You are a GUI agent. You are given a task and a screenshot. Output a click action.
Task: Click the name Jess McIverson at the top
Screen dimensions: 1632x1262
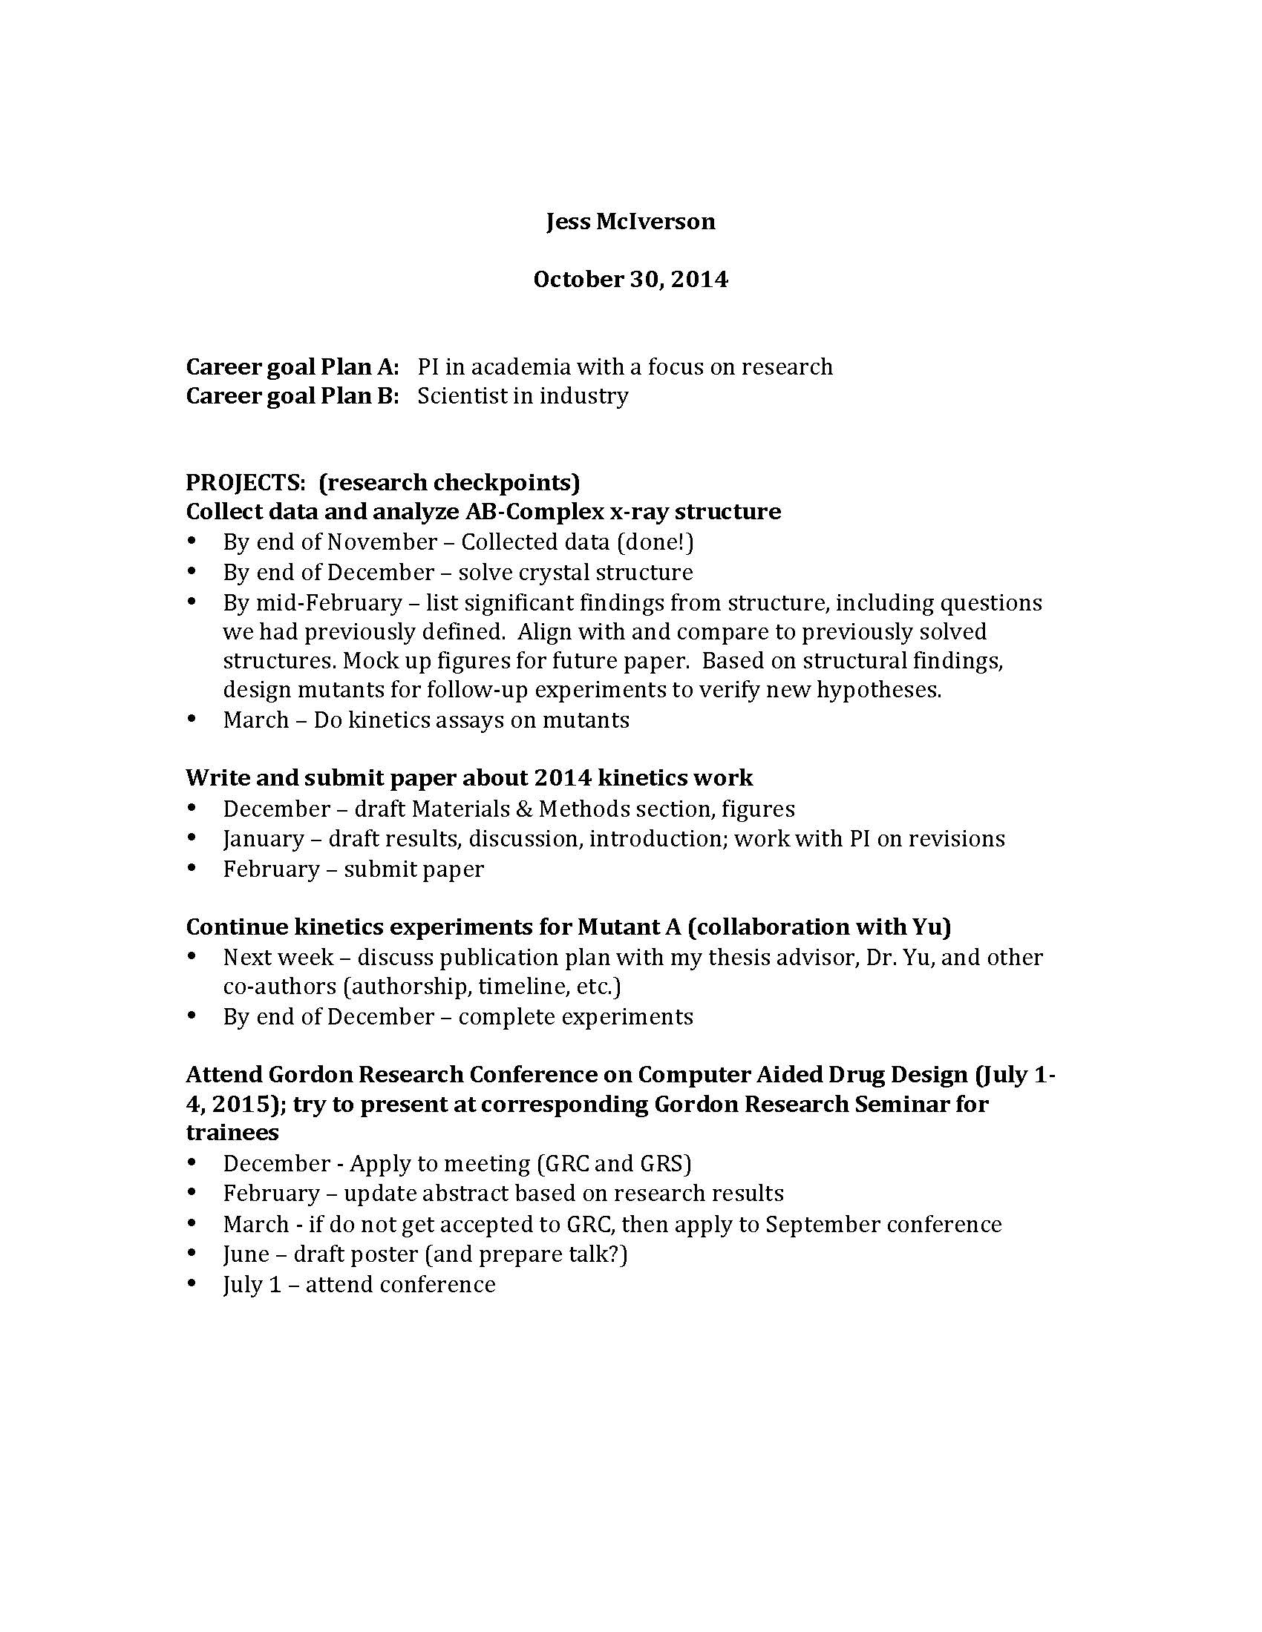(630, 222)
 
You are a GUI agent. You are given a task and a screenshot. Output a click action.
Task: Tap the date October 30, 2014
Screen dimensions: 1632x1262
(630, 280)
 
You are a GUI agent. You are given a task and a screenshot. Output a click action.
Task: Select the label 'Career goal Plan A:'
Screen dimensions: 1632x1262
(292, 367)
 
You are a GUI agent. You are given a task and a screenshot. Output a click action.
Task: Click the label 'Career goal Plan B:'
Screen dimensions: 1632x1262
(292, 396)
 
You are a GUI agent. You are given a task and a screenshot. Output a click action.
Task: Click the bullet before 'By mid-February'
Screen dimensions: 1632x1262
(193, 601)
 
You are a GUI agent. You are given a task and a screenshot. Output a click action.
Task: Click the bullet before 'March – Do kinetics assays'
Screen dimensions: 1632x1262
(193, 719)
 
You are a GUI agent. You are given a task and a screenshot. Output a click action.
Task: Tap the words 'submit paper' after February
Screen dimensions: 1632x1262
(413, 869)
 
